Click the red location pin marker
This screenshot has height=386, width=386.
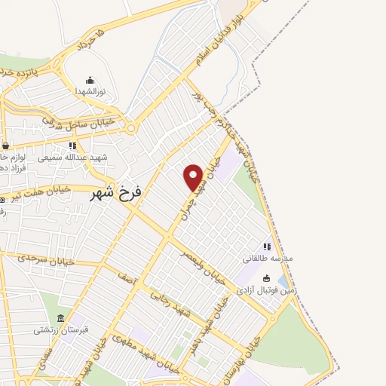[x=193, y=177]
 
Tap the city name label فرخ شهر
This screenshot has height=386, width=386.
[x=116, y=194]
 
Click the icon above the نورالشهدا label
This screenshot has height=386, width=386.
[x=90, y=80]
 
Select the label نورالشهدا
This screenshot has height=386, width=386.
[x=90, y=91]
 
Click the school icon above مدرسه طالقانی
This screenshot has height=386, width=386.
[x=266, y=247]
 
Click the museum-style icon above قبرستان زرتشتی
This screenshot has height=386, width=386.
[x=61, y=317]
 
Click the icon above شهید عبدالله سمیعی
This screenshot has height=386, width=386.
[x=72, y=146]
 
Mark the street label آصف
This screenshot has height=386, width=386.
[x=125, y=278]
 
